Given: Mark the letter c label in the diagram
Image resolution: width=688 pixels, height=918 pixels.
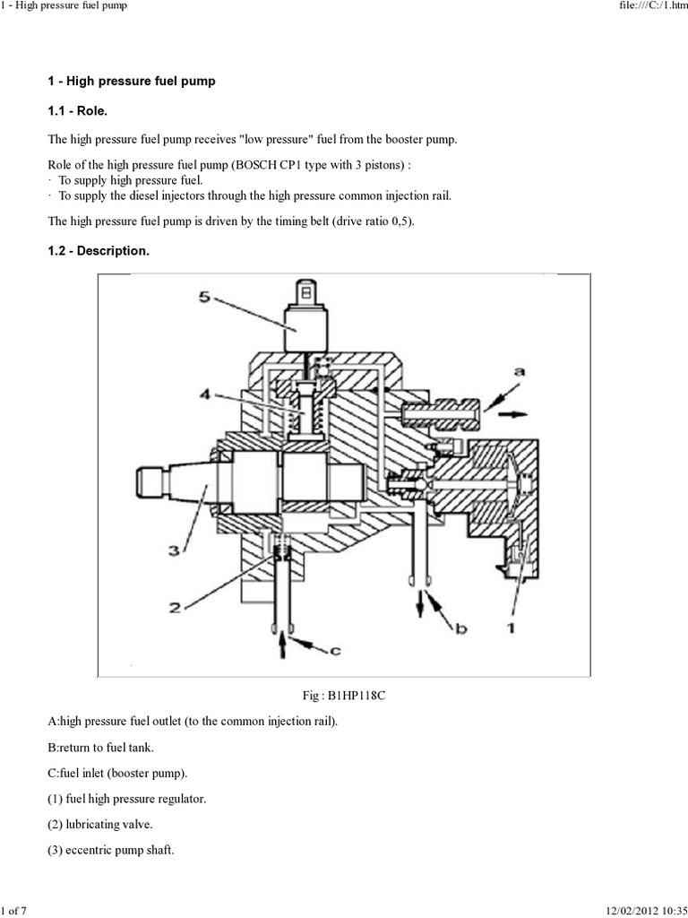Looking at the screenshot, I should pyautogui.click(x=334, y=651).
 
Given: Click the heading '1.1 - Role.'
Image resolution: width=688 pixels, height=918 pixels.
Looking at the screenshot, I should pyautogui.click(x=81, y=111).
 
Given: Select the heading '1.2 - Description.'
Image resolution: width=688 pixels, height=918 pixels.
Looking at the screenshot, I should pyautogui.click(x=98, y=251).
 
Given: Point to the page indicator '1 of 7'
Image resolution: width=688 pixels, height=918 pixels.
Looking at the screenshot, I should pyautogui.click(x=14, y=911).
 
